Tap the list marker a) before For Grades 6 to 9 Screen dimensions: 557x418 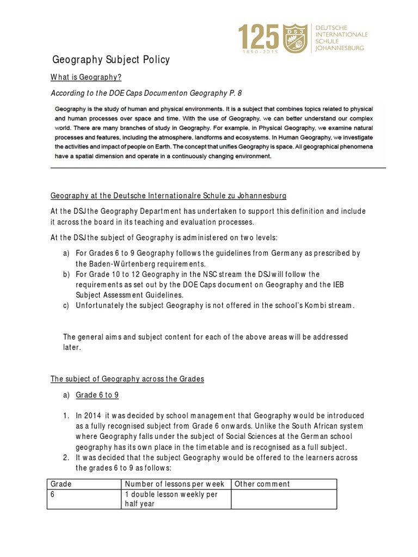66,253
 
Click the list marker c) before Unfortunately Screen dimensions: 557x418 66,305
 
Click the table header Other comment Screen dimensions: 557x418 262,484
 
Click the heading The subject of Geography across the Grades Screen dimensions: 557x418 127,379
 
